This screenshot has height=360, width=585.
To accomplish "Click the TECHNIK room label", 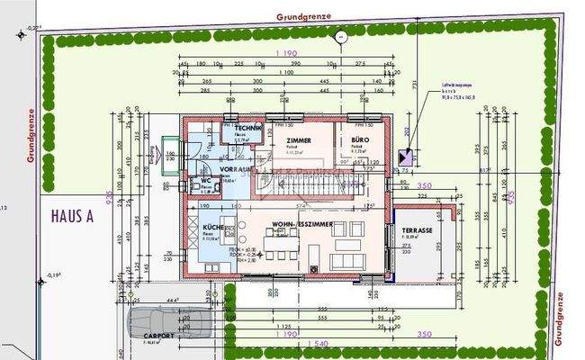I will click(x=249, y=130).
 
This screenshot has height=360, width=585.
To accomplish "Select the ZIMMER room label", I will click(x=300, y=142).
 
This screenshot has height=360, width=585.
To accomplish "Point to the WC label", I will click(x=206, y=180).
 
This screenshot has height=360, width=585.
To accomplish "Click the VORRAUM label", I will click(x=233, y=169).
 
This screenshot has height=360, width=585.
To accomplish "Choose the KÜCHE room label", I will click(x=213, y=228).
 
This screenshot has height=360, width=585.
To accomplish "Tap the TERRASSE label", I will click(x=418, y=230).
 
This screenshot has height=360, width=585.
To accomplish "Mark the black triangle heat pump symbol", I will click(x=402, y=157).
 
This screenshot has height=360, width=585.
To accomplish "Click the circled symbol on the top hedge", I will click(x=341, y=36).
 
